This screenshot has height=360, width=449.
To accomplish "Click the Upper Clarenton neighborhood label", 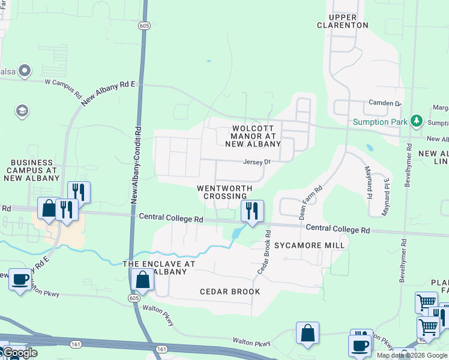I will [342, 21].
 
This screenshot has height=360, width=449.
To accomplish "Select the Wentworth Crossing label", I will [224, 192].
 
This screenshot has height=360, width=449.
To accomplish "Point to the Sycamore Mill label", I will [309, 245].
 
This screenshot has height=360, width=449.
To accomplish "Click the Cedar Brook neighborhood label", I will [230, 292].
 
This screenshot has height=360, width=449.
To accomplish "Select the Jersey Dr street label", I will [258, 162].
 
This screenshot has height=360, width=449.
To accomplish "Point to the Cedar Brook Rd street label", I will [264, 251].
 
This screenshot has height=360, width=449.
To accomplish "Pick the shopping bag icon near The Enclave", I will [142, 279].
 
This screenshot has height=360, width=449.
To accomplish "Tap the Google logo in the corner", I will [19, 353].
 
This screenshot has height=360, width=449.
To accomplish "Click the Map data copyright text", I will [412, 355].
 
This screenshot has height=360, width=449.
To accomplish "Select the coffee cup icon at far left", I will [20, 279].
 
